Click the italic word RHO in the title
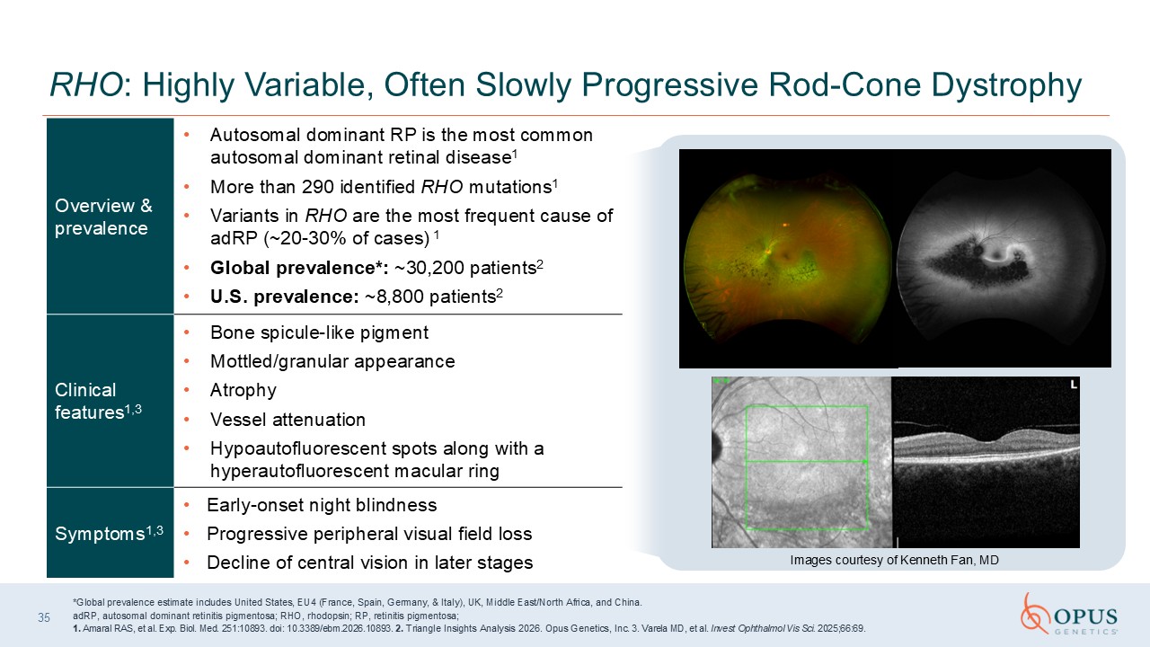click(85, 84)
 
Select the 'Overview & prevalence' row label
click(103, 217)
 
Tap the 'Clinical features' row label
click(98, 401)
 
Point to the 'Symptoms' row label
click(109, 533)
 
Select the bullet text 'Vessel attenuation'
click(287, 420)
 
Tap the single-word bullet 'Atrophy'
click(243, 391)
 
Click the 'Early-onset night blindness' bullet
click(322, 505)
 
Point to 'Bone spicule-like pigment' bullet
click(319, 332)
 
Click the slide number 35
click(44, 617)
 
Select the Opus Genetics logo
click(1069, 614)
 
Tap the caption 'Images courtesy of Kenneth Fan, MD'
click(894, 560)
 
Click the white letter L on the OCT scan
click(1073, 384)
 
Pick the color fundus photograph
click(788, 259)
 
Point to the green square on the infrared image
click(746, 467)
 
